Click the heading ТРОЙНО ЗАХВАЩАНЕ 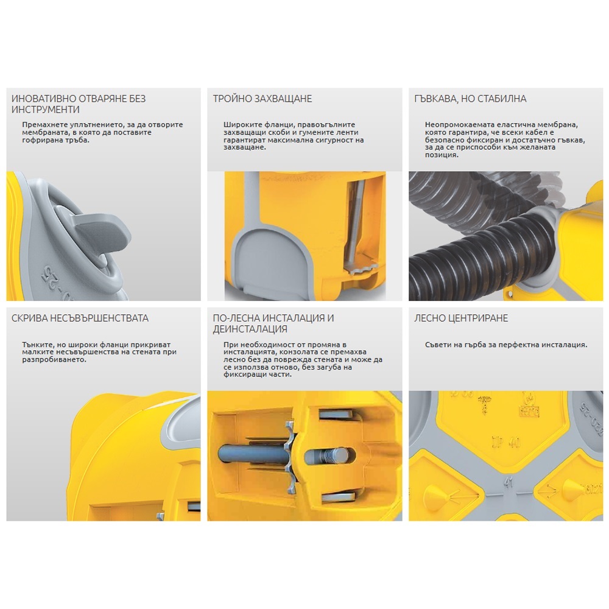pos(262,99)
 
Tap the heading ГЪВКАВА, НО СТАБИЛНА pos(470,99)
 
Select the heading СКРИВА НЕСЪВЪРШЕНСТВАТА pos(80,318)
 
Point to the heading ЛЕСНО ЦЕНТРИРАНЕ pos(461,318)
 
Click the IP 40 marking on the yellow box pos(506,442)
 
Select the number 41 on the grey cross pos(508,483)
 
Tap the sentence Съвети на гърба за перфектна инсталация pos(505,345)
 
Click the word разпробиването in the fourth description pos(54,360)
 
